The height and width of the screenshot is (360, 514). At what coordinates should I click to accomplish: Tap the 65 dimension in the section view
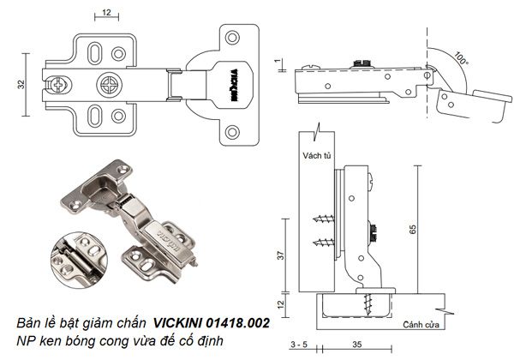pos(414,231)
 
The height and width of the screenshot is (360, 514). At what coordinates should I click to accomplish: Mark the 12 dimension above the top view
pos(105,13)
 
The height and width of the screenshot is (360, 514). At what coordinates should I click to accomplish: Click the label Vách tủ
pos(317,156)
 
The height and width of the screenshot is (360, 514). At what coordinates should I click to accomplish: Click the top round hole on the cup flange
pos(231,37)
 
